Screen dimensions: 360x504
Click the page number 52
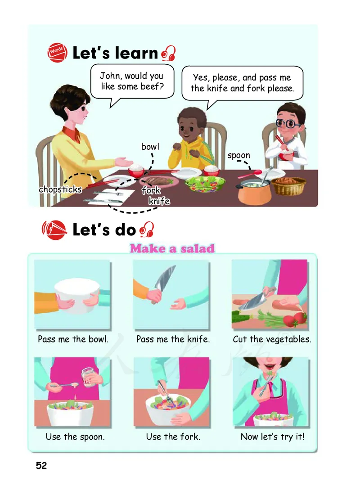41,465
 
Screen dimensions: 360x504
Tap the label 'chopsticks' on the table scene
60,189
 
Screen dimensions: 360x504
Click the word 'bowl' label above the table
150,147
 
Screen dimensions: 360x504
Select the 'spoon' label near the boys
238,156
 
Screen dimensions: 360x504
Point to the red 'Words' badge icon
57,52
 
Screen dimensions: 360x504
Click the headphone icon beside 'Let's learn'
168,53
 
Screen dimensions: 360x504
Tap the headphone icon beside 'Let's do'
147,229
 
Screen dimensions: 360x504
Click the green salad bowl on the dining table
205,184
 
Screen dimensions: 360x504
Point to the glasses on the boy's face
288,124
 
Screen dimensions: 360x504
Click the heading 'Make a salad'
172,248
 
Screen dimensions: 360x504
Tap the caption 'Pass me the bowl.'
73,339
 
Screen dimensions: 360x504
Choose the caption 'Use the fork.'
173,436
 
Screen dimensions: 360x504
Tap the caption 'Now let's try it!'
272,436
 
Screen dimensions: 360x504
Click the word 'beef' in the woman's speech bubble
152,86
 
